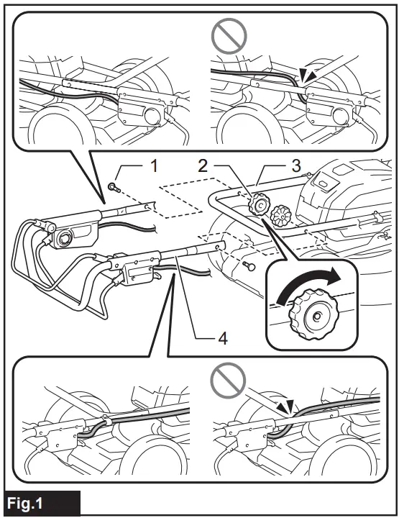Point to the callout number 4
pyautogui.click(x=224, y=338)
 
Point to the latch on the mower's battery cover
pyautogui.click(x=324, y=185)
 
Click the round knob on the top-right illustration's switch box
pyautogui.click(x=335, y=114)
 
